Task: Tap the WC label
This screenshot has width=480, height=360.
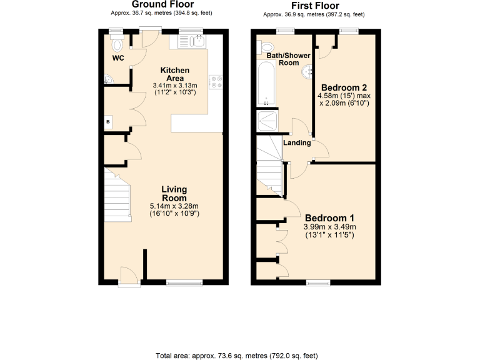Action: tap(118, 58)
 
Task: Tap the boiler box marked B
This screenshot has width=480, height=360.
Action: tap(108, 121)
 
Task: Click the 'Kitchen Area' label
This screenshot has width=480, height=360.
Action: tap(174, 74)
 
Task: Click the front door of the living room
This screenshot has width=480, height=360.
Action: tap(129, 276)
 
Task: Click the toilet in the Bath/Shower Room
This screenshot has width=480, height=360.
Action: tap(266, 46)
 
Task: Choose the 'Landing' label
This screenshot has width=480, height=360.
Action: tap(297, 143)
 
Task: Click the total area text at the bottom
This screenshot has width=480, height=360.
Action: tap(239, 354)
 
